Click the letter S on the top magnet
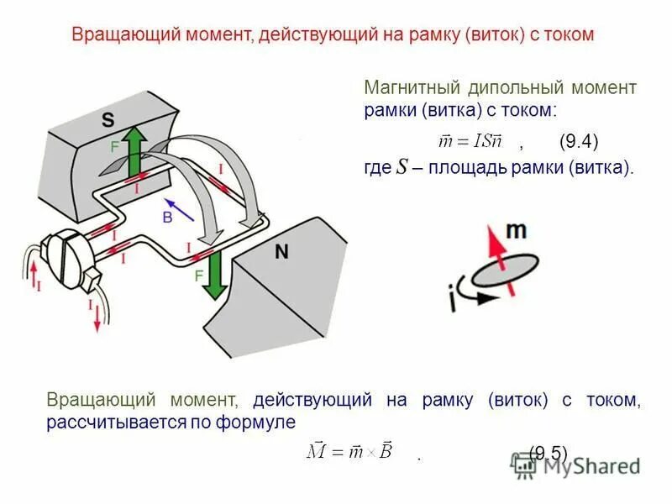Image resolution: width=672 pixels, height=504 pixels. [x=108, y=120]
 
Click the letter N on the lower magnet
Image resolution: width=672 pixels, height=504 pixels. [x=282, y=250]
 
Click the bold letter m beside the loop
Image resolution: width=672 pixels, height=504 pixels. [x=516, y=231]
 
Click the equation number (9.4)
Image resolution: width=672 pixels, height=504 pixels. [x=578, y=141]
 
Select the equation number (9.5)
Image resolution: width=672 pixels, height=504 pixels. [x=548, y=454]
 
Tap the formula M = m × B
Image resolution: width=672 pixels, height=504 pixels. [x=349, y=452]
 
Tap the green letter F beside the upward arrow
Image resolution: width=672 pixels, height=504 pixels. [x=114, y=146]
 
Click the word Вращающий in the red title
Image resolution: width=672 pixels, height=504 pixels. [x=121, y=34]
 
